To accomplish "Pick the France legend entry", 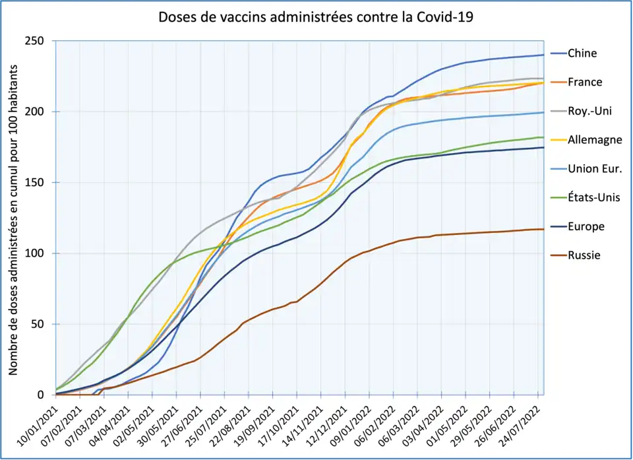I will (x=585, y=82).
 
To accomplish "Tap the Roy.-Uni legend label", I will (x=589, y=111).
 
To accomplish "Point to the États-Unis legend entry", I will (x=593, y=197).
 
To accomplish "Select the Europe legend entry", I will (x=586, y=226).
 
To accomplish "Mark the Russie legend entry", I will (x=584, y=255).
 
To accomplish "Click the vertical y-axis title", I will (x=13, y=218).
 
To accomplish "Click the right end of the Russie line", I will (x=543, y=229).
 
